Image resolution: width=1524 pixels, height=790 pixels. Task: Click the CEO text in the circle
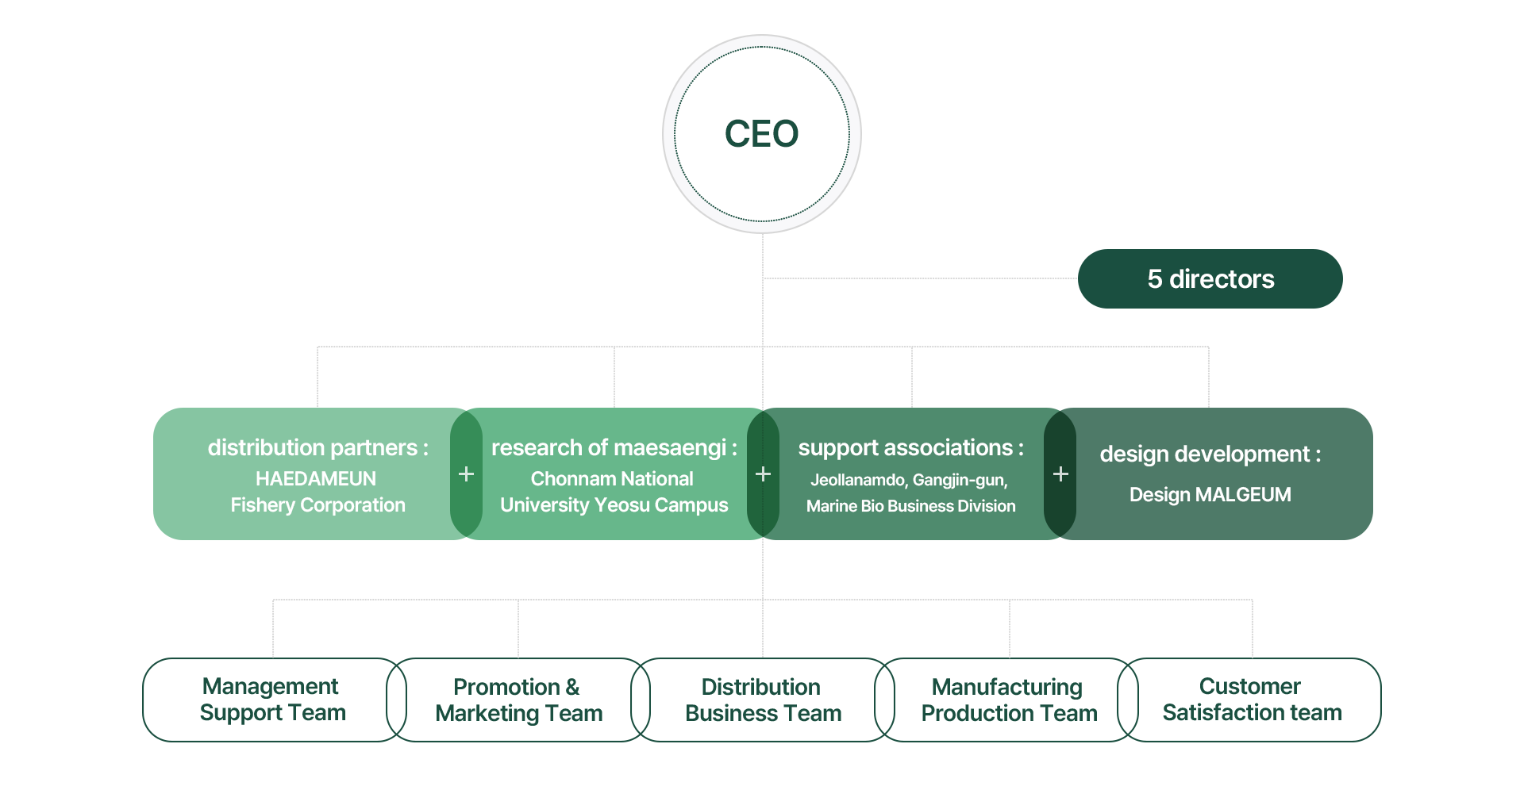coord(761,134)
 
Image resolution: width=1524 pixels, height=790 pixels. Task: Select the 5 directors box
coord(1210,278)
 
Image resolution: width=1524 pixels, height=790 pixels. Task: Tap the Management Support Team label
coord(274,700)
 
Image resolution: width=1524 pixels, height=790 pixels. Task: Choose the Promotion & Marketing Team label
coord(521,700)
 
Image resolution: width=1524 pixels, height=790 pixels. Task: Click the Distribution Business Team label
coord(763,700)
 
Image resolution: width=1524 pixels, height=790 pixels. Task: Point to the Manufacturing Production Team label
coord(1010,700)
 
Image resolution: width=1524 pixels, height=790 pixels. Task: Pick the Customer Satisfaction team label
coord(1252,700)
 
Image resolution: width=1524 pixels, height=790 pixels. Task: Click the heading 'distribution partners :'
coord(317,448)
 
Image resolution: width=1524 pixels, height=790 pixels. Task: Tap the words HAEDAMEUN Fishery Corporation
coord(317,492)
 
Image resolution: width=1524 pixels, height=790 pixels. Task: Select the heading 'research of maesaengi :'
coord(614,448)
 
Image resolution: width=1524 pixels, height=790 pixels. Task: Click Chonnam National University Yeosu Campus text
coord(614,492)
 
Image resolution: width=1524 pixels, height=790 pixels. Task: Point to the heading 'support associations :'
coord(910,448)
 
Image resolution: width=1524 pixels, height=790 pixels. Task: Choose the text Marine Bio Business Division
coord(910,506)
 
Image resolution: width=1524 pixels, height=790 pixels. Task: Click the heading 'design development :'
coord(1210,454)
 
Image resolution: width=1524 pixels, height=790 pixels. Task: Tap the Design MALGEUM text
coord(1210,495)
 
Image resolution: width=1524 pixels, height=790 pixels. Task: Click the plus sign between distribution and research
coord(467,474)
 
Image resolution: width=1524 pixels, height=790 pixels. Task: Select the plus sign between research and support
coord(763,474)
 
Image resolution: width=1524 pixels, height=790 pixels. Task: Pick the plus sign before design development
coord(1060,474)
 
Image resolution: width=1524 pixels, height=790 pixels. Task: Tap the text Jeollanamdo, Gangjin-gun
coord(909,480)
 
